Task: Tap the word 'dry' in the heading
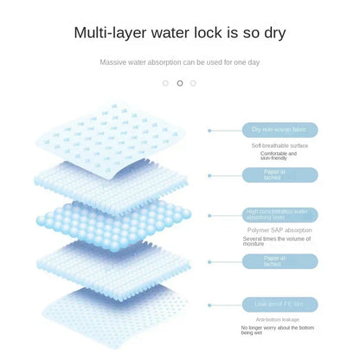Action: [272, 34]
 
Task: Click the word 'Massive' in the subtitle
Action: [114, 62]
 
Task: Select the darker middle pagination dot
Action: [180, 83]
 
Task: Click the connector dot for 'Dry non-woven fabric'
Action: [210, 130]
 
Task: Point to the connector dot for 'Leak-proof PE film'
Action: [210, 305]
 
